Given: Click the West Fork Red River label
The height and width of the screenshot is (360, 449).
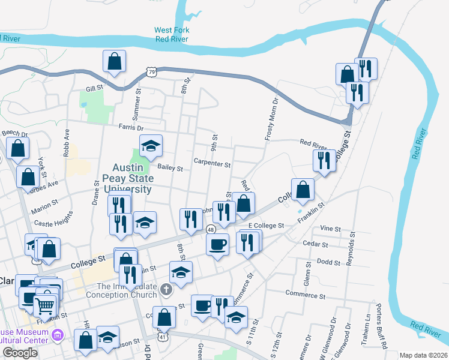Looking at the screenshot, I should [171, 35].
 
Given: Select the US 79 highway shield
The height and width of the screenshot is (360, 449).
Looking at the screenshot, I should [152, 73].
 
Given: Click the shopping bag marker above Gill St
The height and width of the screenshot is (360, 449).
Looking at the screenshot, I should [113, 62].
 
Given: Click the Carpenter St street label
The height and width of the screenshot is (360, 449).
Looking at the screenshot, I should [212, 163].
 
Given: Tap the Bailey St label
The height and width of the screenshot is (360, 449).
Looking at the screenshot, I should [170, 169].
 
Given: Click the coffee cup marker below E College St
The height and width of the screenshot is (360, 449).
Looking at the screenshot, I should [217, 244].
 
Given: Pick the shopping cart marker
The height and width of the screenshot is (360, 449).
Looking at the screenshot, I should [45, 307].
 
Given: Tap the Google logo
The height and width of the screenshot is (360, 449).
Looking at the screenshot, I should [20, 353].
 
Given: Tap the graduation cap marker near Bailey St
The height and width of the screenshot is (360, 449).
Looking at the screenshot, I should [151, 146].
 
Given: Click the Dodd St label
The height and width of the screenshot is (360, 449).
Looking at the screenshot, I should [328, 262].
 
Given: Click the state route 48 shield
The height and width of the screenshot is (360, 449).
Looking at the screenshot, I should [211, 230].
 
